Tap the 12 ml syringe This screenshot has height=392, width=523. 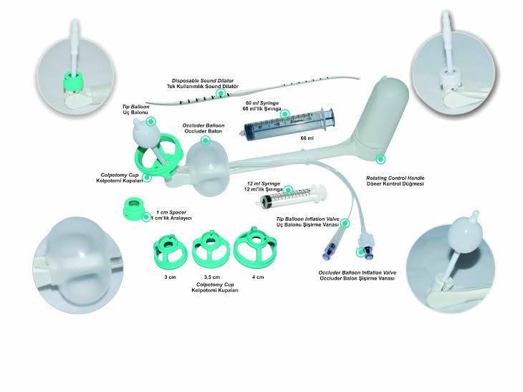tap(293, 197)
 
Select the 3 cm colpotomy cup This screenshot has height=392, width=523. tap(170, 251)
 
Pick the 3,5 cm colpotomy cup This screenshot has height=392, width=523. tap(211, 250)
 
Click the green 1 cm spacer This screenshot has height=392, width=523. tap(134, 209)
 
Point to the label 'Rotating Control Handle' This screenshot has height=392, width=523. tap(395, 178)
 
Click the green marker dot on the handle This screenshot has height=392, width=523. tap(380, 159)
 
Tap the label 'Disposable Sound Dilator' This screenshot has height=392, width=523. tap(203, 81)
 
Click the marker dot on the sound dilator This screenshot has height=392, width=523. tap(221, 93)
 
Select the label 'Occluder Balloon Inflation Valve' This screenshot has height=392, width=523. tap(358, 272)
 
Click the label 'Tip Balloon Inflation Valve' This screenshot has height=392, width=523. tap(307, 219)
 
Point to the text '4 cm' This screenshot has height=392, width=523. tap(258, 277)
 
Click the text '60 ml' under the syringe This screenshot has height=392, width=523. tap(307, 138)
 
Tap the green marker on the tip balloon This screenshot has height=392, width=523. tap(151, 121)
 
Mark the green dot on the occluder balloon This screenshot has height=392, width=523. tap(206, 140)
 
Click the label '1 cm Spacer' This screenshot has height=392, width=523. tap(171, 213)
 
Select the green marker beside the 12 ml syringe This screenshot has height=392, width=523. tap(289, 191)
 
